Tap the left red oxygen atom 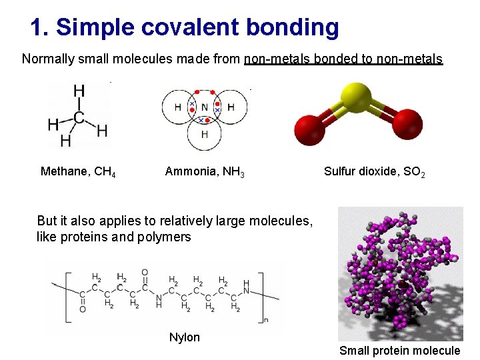tap(309, 129)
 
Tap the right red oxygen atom tap(407, 123)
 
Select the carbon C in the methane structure tap(79, 118)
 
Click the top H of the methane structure tap(79, 90)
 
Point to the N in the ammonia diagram tap(205, 107)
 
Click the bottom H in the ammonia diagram tap(205, 134)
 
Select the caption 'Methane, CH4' tap(78, 172)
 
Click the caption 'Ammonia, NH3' tap(205, 172)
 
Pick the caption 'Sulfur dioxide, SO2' tap(374, 172)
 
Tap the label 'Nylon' tap(185, 337)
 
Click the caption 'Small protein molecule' tap(399, 351)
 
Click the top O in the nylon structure tap(144, 273)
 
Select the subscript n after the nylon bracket tap(265, 320)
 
